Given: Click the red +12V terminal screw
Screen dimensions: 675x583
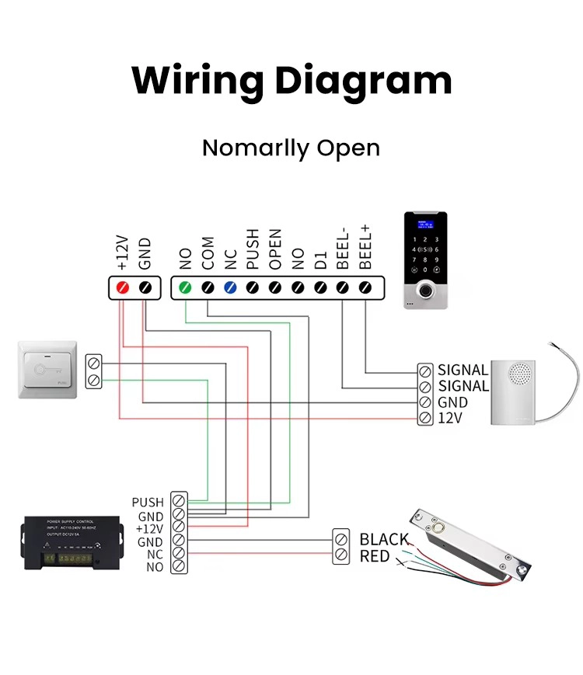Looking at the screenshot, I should point(122,287).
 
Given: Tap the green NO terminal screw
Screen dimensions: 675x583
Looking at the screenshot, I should point(185,287).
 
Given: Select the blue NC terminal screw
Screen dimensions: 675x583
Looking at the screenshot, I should point(230,287).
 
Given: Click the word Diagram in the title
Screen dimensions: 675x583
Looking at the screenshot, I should point(364,80).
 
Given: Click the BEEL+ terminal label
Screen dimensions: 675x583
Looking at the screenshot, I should point(366,247).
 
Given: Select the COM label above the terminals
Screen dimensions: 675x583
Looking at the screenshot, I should point(208,253).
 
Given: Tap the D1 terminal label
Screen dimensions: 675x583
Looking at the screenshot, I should point(320,259).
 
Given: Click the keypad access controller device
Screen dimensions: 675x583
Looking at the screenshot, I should point(425,259).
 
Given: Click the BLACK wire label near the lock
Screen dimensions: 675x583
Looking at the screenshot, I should point(384,539).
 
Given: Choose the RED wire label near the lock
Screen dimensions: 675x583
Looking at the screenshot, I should point(375,556).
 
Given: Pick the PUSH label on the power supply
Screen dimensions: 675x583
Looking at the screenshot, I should point(148,503).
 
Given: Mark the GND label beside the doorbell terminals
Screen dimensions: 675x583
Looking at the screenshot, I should point(452,402).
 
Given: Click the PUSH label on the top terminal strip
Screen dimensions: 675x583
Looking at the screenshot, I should point(253,249).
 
